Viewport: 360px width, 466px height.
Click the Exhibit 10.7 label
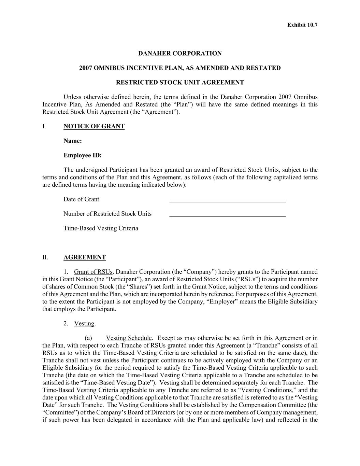[x=302, y=25]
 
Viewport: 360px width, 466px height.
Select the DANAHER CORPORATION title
[x=180, y=54]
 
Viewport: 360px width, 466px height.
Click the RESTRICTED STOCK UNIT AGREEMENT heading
[x=180, y=82]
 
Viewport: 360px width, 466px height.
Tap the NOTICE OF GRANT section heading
[x=94, y=126]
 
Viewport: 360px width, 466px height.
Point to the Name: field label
[x=72, y=141]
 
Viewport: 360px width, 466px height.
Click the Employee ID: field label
[x=83, y=155]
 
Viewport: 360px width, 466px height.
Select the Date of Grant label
[x=81, y=199]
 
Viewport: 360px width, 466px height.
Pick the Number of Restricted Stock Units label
[x=107, y=214]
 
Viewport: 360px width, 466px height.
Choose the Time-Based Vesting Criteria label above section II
[x=101, y=228]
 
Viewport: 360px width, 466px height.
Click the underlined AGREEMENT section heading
[x=85, y=257]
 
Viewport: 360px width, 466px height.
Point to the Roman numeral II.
[x=45, y=257]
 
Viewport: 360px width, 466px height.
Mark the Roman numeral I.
[x=44, y=126]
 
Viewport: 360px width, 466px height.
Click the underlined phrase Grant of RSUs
[x=93, y=272]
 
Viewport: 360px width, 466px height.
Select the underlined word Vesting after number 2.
[x=84, y=324]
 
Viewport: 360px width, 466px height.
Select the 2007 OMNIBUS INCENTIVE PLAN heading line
[x=180, y=68]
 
